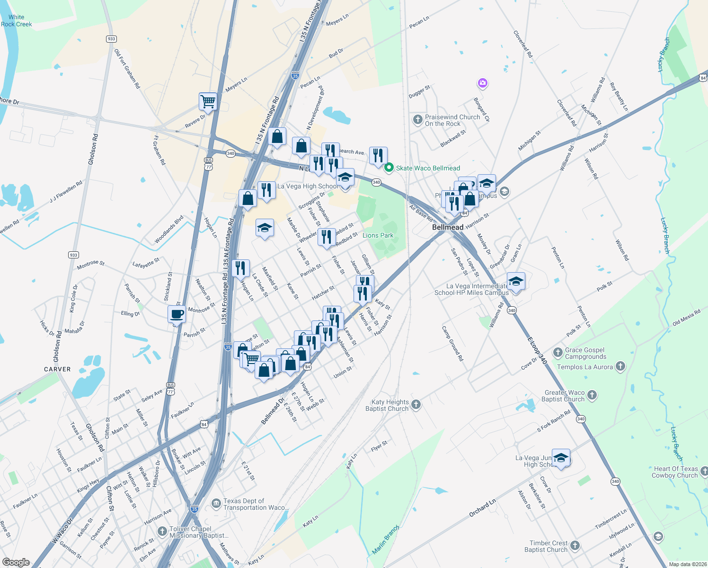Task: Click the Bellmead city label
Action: pyautogui.click(x=448, y=227)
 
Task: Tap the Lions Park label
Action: pyautogui.click(x=378, y=235)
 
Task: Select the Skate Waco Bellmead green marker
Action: pyautogui.click(x=389, y=168)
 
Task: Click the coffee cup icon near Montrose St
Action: pyautogui.click(x=177, y=314)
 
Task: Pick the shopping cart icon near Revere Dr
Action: pyautogui.click(x=208, y=101)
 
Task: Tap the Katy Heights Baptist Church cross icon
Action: pyautogui.click(x=416, y=404)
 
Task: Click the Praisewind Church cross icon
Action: pyautogui.click(x=417, y=120)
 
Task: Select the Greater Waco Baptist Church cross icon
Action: pyautogui.click(x=592, y=395)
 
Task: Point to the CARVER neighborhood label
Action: pyautogui.click(x=57, y=369)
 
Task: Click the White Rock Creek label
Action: pyautogui.click(x=16, y=21)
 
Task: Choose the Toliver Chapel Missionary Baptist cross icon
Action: pyautogui.click(x=162, y=532)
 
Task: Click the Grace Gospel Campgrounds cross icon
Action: pyautogui.click(x=558, y=353)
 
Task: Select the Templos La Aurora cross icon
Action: pyautogui.click(x=620, y=366)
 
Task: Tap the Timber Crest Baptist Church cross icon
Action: pyautogui.click(x=575, y=546)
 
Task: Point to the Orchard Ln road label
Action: pyautogui.click(x=482, y=507)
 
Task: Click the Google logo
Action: pyautogui.click(x=16, y=562)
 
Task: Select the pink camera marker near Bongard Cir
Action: pyautogui.click(x=482, y=83)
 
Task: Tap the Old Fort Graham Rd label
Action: pyautogui.click(x=127, y=69)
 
